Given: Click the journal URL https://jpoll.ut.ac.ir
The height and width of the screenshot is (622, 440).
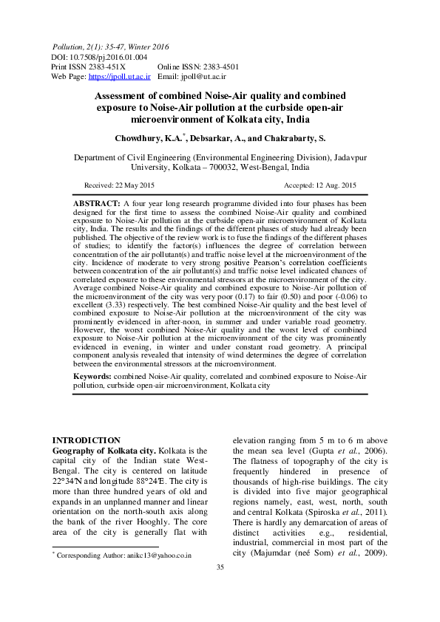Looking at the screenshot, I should coord(120,75).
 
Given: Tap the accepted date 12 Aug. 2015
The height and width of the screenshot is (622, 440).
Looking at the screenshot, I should coord(334,185).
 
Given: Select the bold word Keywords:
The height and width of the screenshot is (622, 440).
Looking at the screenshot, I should coord(95,377).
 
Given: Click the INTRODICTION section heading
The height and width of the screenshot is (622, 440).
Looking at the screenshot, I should coord(86,440).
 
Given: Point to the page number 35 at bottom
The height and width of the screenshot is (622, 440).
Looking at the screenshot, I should coord(220,587).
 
